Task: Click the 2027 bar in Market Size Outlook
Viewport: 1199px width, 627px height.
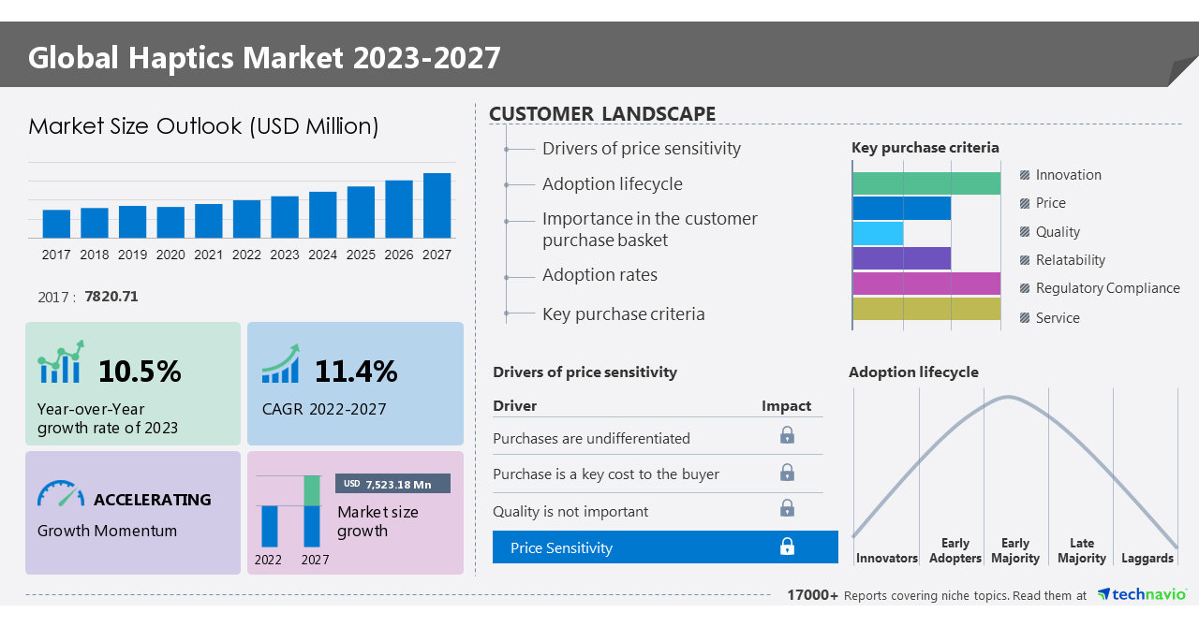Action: pos(437,205)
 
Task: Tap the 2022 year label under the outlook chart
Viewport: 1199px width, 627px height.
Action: pos(246,255)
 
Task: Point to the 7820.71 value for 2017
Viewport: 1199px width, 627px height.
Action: pos(111,297)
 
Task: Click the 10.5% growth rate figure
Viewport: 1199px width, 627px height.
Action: pos(140,372)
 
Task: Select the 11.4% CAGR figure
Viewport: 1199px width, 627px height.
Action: pos(355,372)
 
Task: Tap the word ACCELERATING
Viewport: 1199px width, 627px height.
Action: pos(152,500)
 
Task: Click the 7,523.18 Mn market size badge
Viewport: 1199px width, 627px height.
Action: pos(392,484)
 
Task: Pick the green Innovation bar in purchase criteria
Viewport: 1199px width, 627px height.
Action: pos(926,183)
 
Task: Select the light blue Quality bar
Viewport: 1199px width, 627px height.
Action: pos(878,233)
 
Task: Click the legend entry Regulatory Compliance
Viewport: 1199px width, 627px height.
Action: pos(1107,288)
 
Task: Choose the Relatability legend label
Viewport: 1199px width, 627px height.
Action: pos(1070,260)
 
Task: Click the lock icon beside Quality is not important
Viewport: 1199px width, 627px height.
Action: pos(787,508)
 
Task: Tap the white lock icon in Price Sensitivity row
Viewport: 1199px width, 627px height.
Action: pos(787,547)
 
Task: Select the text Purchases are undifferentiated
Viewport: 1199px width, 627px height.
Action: pos(591,438)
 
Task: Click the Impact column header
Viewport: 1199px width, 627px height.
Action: pos(786,405)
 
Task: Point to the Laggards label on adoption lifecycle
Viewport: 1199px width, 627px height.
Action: pos(1147,558)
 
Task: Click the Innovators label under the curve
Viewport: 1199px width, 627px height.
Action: pos(886,558)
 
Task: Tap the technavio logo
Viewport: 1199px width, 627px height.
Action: pos(1142,594)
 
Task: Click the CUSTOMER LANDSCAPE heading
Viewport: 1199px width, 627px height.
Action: pos(602,114)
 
